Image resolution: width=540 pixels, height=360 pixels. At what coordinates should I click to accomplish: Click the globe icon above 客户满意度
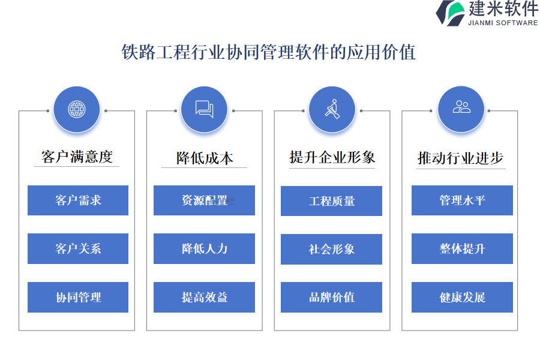77,110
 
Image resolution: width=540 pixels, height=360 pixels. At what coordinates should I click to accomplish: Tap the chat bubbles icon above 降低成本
205,109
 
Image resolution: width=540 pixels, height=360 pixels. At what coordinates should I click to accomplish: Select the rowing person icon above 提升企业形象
332,109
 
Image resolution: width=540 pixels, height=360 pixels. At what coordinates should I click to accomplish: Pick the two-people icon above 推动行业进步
461,107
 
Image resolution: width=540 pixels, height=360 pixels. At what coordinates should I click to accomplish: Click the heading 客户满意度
77,157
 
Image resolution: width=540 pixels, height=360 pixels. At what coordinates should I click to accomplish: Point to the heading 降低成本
205,158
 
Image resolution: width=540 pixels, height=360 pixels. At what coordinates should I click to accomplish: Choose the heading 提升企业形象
332,157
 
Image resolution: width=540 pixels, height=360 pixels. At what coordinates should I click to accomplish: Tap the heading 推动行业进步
460,158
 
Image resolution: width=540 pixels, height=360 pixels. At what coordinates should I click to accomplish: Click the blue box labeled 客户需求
78,200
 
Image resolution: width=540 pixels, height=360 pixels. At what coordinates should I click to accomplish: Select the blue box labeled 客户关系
78,249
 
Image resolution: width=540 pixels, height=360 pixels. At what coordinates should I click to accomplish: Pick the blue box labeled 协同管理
78,298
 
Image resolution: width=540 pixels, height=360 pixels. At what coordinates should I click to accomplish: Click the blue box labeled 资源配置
204,200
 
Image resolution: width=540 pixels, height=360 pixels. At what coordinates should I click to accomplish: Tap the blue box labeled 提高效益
204,298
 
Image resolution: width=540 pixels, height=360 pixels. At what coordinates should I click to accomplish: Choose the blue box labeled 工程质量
332,201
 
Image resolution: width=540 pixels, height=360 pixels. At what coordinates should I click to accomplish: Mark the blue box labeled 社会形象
332,250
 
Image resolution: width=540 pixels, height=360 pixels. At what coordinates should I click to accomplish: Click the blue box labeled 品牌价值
332,298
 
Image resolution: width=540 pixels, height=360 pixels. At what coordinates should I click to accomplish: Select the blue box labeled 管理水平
462,200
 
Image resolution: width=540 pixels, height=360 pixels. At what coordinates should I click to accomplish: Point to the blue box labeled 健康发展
462,298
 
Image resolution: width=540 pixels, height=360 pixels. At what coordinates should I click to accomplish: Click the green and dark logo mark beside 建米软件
451,13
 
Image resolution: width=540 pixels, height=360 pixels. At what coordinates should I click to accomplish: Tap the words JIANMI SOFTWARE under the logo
503,23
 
